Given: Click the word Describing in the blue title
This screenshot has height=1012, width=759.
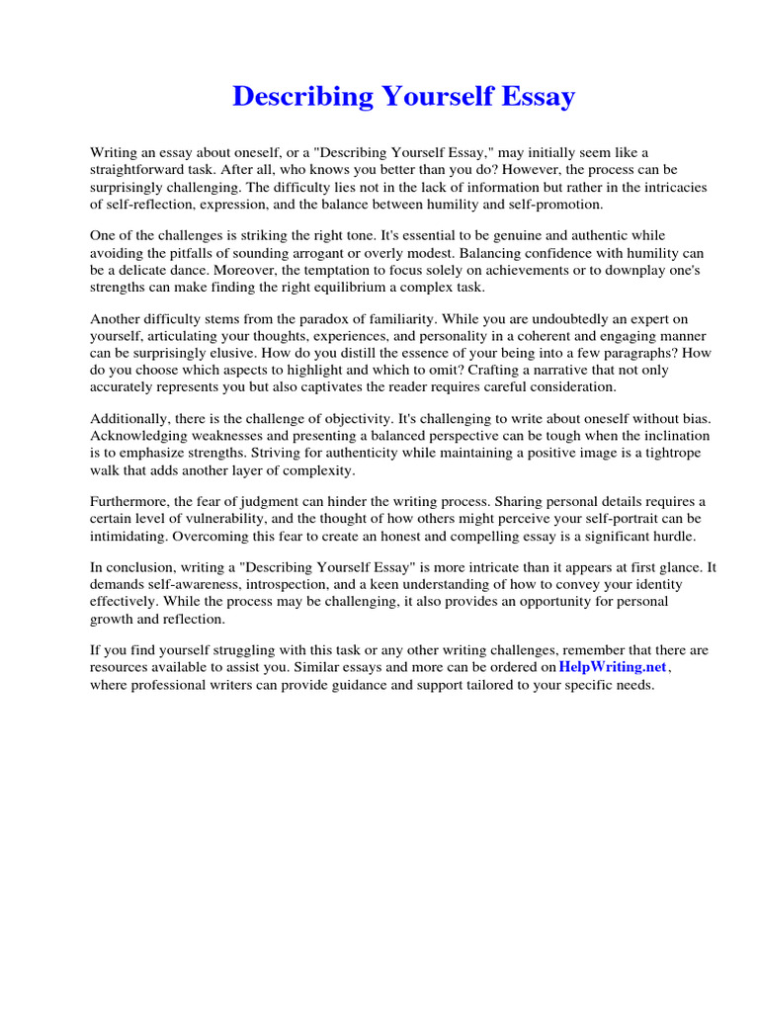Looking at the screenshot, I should point(289,97).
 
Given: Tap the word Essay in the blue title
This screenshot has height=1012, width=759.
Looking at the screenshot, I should point(540,97).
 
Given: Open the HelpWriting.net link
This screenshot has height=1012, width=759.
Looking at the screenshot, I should point(613,667).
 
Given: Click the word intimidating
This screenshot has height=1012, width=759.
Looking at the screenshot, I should point(128,536).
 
